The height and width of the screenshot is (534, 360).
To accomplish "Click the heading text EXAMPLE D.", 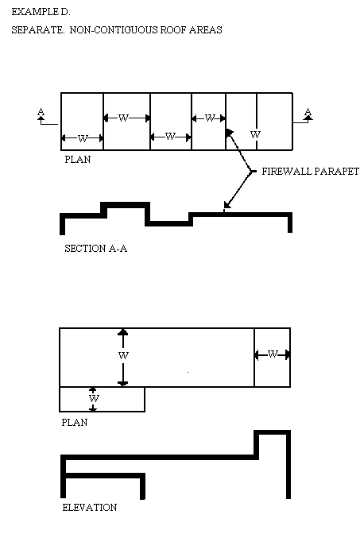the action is coord(41,12).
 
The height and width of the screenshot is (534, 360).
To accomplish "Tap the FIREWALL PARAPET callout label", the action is coord(310,172).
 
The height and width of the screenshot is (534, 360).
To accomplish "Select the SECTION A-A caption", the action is coord(96,248).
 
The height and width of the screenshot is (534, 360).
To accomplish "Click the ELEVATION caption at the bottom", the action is coord(90,508).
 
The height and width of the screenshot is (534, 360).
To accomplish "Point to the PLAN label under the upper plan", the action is coord(78,160).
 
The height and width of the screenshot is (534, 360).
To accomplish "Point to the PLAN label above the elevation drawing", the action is coord(75,422).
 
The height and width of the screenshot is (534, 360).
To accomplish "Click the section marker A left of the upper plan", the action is coord(41,111).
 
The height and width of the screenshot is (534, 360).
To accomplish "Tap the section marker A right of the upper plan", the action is coord(308,111).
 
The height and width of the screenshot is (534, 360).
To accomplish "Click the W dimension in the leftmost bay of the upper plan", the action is coord(83,138).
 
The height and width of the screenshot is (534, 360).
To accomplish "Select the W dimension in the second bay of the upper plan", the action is coord(123,118).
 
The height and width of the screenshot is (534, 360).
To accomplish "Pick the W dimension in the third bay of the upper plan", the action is coord(170,137).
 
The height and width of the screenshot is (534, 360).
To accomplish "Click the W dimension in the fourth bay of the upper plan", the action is coord(210,118).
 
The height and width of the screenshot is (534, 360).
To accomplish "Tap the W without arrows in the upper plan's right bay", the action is coord(255,134).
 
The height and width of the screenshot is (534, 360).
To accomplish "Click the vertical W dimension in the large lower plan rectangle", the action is coord(123,355).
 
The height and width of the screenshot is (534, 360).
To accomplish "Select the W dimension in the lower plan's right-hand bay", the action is coord(273,354).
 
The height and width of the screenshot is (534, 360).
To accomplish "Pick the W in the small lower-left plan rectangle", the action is coord(94,398).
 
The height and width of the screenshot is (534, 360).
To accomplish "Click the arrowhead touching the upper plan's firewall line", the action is coord(229,133).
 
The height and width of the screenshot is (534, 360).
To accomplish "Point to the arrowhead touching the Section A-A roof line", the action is coord(227,204).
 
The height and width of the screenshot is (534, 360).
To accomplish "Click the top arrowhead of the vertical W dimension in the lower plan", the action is coord(123,332).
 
